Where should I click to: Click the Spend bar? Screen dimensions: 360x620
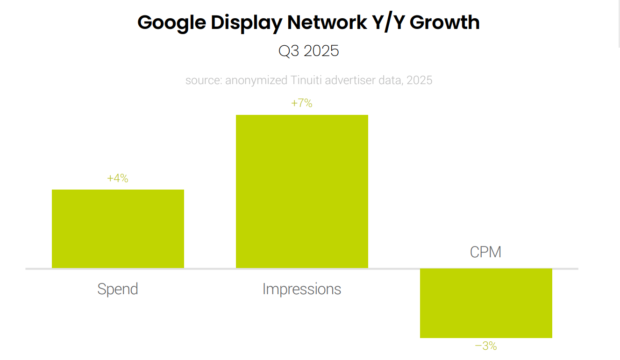tap(118, 229)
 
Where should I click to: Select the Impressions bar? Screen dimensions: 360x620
tap(302, 191)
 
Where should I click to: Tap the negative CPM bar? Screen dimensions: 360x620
tap(486, 303)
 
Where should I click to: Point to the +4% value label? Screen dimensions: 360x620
tap(118, 178)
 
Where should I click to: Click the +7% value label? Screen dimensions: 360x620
tap(302, 103)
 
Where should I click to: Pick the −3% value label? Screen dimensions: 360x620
tap(486, 346)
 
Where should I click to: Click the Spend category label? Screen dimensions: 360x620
tap(118, 289)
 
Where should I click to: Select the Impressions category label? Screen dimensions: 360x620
tap(302, 289)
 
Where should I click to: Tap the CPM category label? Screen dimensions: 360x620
tap(486, 252)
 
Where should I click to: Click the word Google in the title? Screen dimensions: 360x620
tap(171, 22)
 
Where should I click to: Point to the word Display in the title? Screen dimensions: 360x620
tap(246, 22)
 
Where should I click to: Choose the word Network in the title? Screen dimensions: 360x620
tap(327, 22)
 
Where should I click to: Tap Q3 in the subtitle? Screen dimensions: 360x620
tap(288, 50)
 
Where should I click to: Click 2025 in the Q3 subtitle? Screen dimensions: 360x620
tap(321, 50)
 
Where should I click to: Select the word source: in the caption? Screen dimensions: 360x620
tap(204, 80)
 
